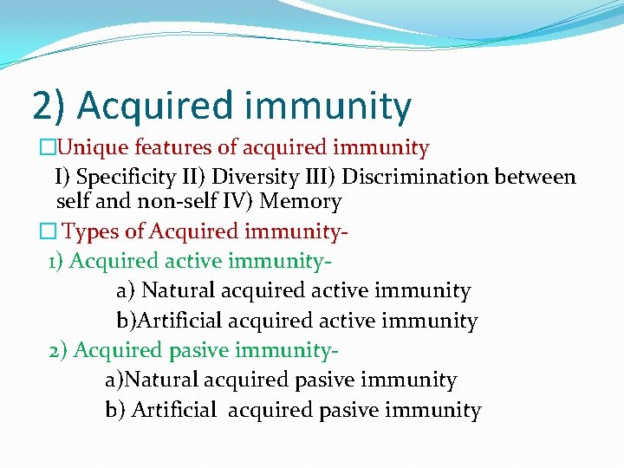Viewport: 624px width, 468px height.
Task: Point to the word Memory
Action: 307,202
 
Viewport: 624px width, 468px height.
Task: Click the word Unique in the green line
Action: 74,148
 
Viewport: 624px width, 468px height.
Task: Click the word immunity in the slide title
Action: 328,106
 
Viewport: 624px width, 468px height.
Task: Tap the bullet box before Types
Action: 47,232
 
